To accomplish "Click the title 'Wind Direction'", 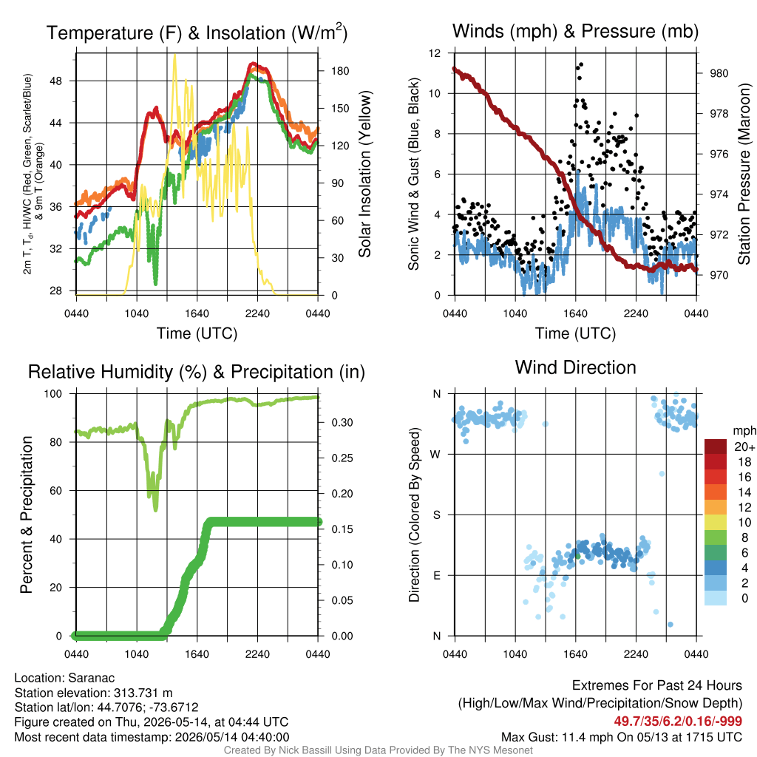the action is tap(575, 367).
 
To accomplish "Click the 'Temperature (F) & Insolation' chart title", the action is tap(197, 33).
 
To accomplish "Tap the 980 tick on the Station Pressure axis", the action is tap(719, 73).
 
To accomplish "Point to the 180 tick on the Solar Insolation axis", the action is tap(340, 71).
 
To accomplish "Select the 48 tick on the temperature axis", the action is tap(56, 81).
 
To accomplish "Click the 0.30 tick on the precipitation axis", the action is tap(342, 422).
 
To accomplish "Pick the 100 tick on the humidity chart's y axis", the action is tap(53, 393).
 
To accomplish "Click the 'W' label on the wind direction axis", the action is tap(436, 455).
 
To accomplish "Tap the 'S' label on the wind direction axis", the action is tap(436, 515).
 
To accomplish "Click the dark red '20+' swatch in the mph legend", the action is tap(716, 447).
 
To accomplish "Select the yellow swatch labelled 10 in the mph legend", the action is tap(716, 523).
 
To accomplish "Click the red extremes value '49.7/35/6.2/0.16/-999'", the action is tap(678, 722).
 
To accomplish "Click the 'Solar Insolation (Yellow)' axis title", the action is tap(365, 174).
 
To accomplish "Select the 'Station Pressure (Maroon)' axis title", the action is tap(744, 174).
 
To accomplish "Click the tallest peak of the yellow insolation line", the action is tap(174, 55).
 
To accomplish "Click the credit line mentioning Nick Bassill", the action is tap(378, 750).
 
